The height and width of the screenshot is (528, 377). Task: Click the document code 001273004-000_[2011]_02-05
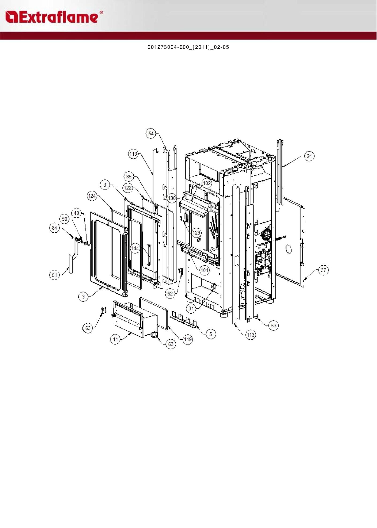click(188, 47)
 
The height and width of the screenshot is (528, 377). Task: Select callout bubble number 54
click(151, 133)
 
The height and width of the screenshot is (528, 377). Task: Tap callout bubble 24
click(309, 156)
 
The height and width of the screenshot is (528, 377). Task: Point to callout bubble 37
click(324, 270)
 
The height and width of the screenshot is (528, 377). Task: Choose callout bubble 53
click(274, 326)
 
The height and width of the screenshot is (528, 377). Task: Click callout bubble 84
click(55, 228)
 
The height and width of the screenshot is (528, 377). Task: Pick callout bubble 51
click(55, 275)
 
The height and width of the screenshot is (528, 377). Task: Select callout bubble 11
click(115, 339)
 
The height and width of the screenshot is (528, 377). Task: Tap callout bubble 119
click(188, 339)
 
